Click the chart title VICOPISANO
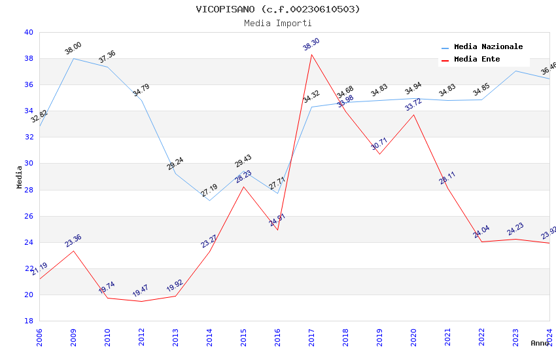[x=277, y=9]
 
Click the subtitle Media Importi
[x=277, y=23]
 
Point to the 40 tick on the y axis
[x=28, y=32]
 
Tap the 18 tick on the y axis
[x=28, y=321]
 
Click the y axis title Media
[x=20, y=177]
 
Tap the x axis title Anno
[x=540, y=343]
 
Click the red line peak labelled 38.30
[x=311, y=54]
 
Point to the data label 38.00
[x=73, y=48]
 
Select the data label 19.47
[x=141, y=291]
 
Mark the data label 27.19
[x=209, y=190]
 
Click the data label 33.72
[x=413, y=105]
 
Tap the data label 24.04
[x=481, y=232]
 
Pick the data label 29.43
[x=243, y=161]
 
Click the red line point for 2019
[x=379, y=154]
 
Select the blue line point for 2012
[x=141, y=100]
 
